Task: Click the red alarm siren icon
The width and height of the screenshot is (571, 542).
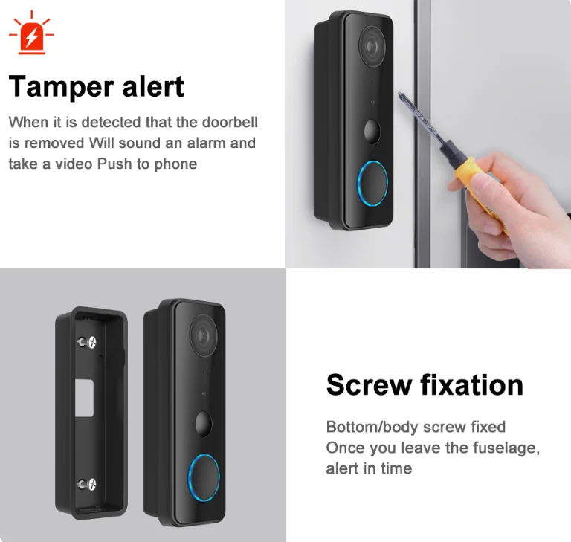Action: coord(31,33)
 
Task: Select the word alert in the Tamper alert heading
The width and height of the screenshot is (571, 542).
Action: coord(153,86)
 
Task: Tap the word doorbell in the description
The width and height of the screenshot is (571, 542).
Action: coord(230,122)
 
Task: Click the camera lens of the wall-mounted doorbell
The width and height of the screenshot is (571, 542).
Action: coord(372,46)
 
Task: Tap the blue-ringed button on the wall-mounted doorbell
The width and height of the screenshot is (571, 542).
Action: coord(372,183)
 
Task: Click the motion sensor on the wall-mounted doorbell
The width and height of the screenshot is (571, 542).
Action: coord(372,131)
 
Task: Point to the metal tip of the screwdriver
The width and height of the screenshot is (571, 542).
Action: coord(401,96)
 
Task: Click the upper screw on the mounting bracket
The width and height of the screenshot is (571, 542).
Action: coord(87,342)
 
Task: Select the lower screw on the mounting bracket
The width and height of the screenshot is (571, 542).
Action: coord(87,484)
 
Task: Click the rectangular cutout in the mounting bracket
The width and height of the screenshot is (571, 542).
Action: coord(85,398)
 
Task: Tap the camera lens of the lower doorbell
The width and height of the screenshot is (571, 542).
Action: coord(203,336)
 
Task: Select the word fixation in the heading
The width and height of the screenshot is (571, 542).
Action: coord(471,384)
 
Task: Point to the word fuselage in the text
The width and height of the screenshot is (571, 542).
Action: coord(506,448)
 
